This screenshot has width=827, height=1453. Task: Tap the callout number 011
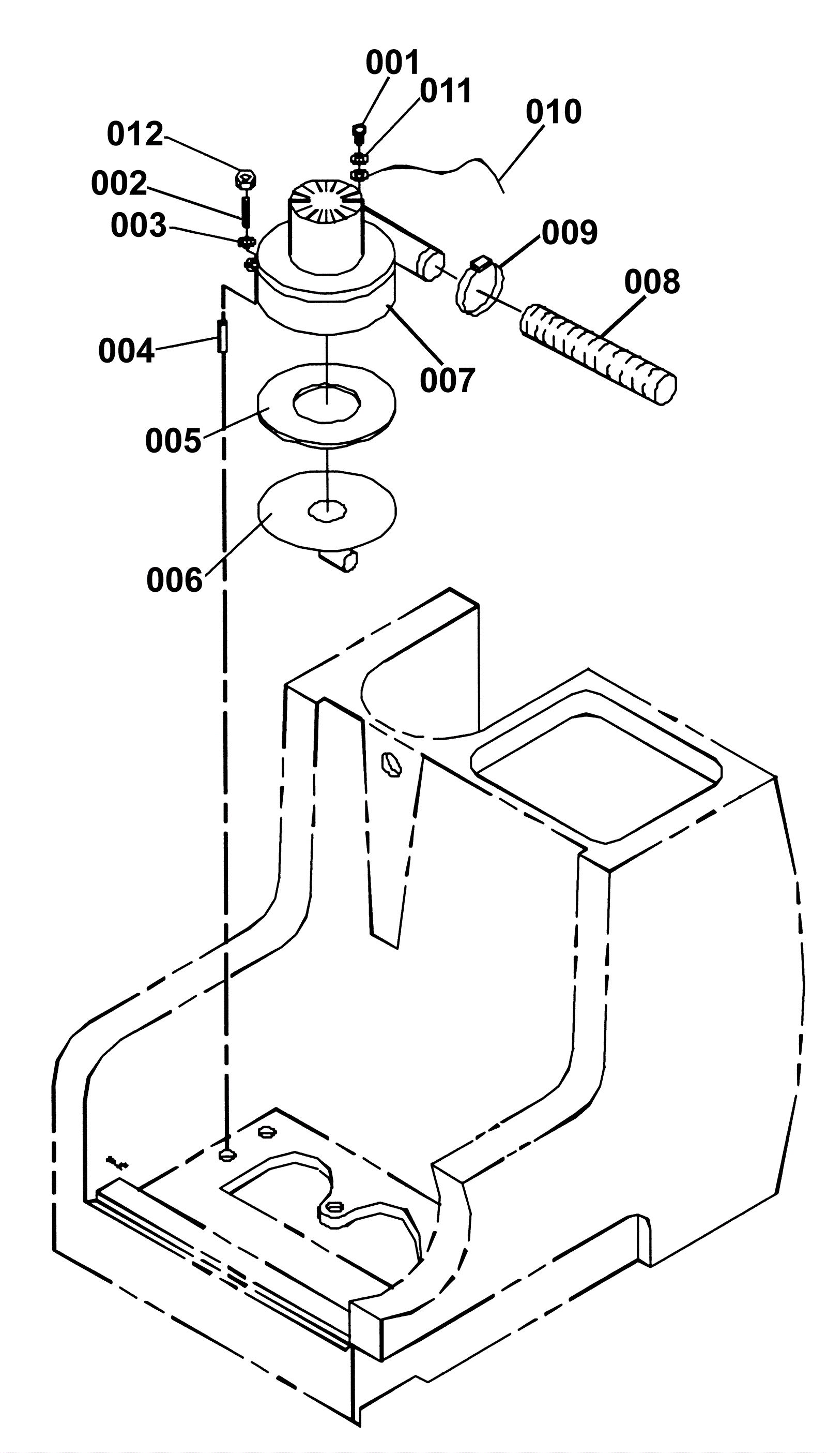tap(446, 91)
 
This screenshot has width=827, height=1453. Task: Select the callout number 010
tap(553, 111)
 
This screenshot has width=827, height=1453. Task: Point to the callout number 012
tap(135, 134)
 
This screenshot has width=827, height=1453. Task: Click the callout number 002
tap(119, 184)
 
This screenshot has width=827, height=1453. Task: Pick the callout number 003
tap(139, 226)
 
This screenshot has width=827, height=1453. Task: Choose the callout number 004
tap(126, 351)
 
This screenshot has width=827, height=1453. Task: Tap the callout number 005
tap(173, 440)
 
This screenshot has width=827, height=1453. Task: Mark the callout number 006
tap(174, 580)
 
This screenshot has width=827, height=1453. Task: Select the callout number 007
tap(447, 381)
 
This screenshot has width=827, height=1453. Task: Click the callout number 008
tap(652, 281)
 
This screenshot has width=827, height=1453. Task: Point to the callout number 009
tap(569, 232)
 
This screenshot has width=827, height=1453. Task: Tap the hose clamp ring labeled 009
tap(480, 287)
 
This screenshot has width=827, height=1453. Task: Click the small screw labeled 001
tap(358, 133)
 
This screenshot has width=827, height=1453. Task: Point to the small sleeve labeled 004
tap(223, 336)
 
